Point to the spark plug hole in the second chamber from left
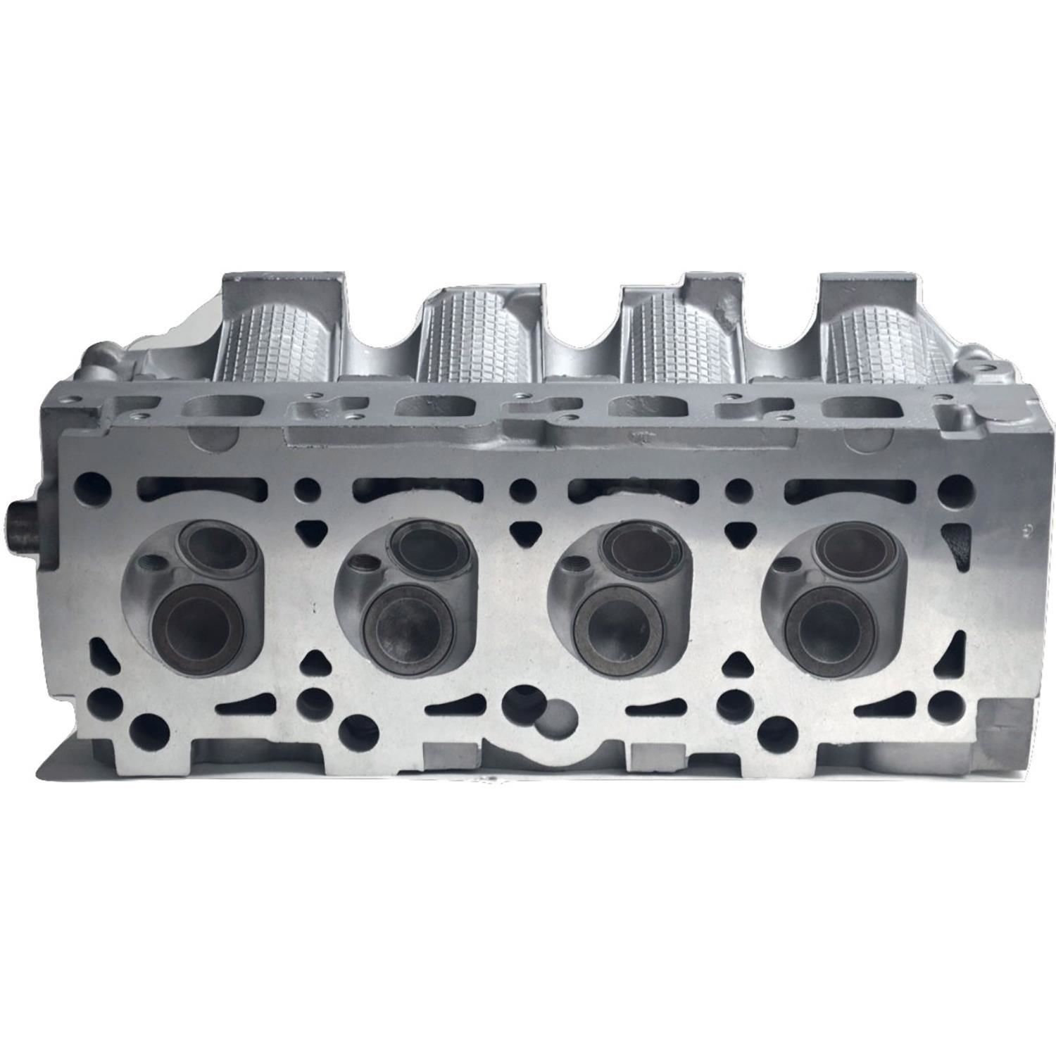(364, 562)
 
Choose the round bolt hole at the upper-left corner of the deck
(96, 485)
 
